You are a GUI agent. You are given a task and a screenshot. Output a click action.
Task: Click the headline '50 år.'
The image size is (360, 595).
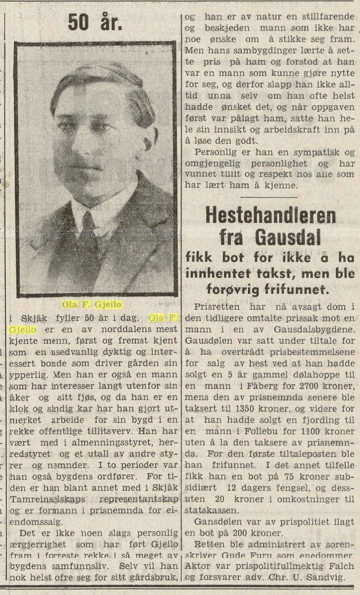(95, 21)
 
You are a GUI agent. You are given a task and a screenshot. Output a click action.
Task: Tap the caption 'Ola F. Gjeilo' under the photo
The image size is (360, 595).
(92, 304)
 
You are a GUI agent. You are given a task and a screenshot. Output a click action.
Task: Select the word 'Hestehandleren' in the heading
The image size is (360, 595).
(270, 215)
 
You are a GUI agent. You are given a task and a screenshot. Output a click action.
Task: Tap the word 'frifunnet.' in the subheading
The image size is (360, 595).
(303, 289)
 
